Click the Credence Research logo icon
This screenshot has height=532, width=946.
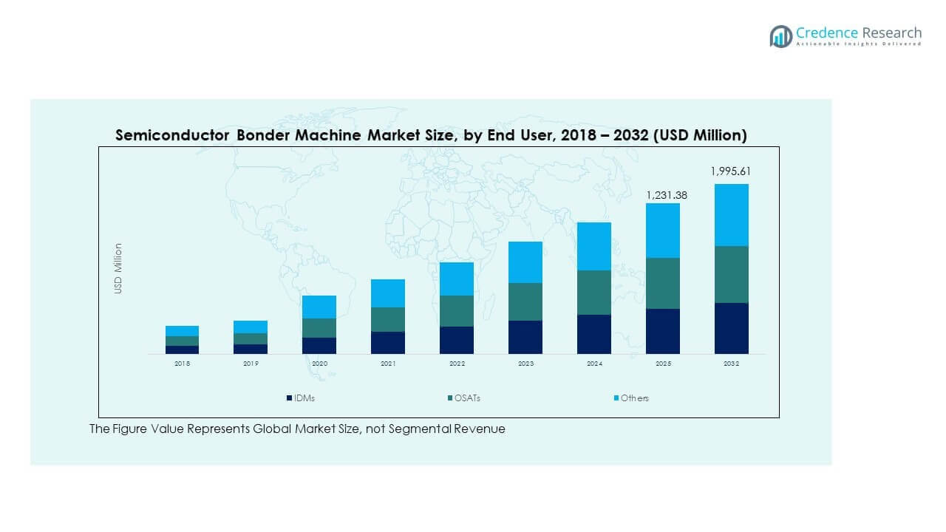point(780,35)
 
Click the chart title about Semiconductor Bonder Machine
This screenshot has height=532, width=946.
point(431,135)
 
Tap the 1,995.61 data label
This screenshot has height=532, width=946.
point(731,171)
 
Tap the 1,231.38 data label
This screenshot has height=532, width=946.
point(662,194)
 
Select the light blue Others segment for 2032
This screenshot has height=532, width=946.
point(731,215)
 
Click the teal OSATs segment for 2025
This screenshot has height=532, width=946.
point(662,283)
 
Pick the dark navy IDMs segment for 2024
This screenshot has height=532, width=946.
point(593,334)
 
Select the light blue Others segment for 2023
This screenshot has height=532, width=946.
point(525,262)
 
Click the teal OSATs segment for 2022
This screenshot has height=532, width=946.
point(456,311)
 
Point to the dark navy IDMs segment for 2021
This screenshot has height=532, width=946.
point(388,343)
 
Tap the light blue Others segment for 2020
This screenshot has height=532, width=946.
point(319,307)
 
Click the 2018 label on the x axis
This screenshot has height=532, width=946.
point(182,364)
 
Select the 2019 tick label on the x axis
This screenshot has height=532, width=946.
point(251,364)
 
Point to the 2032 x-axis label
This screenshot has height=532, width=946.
point(731,364)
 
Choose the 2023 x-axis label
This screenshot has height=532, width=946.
point(525,364)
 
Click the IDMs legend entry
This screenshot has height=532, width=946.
point(301,398)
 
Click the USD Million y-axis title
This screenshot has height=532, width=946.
point(118,269)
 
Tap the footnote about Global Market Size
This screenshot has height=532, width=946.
point(297,429)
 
